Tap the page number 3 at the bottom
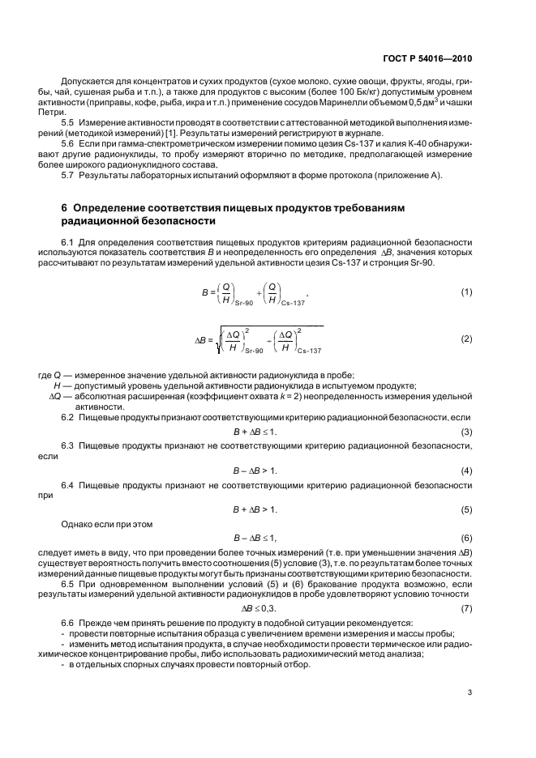coord(470,692)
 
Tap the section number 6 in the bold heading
coord(65,208)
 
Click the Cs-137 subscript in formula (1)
coord(292,301)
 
